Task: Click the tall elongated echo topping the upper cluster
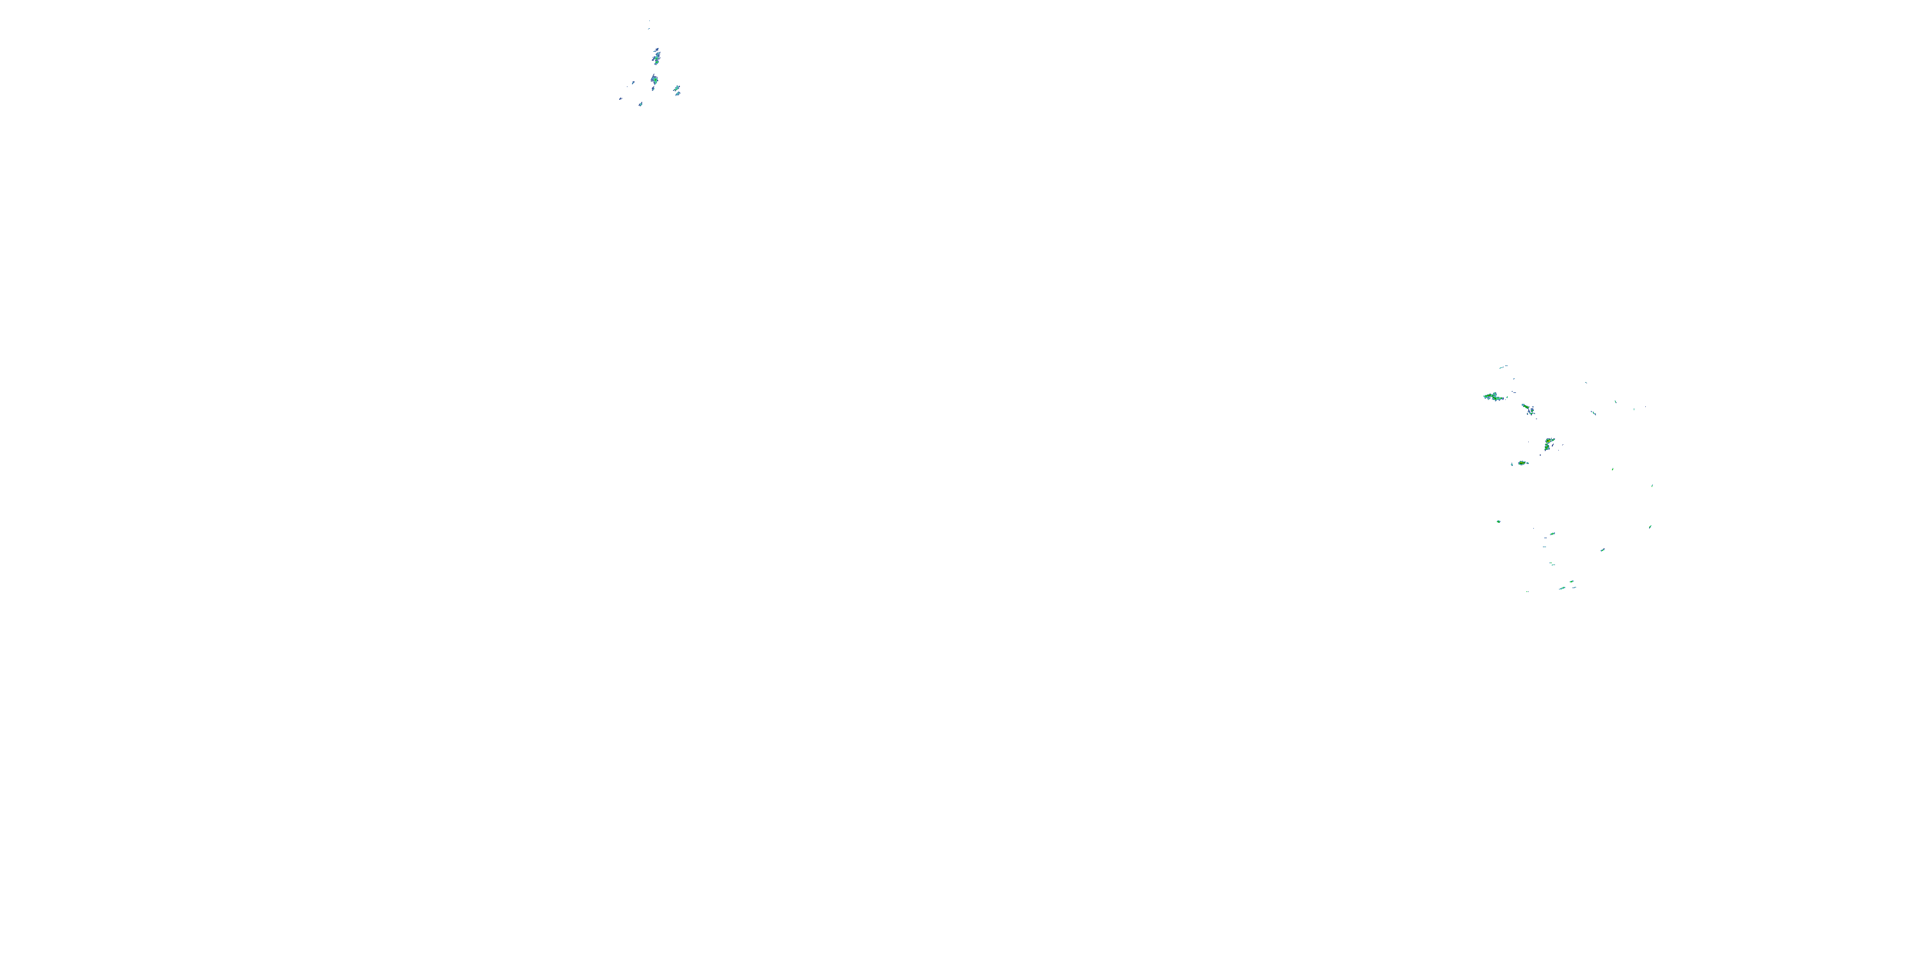[656, 56]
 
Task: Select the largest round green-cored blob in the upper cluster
[654, 79]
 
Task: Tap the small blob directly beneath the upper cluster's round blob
[653, 89]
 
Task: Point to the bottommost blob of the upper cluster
[640, 104]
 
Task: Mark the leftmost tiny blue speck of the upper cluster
[620, 99]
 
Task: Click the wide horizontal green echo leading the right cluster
[1493, 397]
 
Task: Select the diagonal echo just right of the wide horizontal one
[1529, 409]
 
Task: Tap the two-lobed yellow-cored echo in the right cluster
[1549, 444]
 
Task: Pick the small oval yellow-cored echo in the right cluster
[1522, 463]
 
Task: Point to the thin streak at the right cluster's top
[1503, 367]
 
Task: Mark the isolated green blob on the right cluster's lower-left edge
[1498, 521]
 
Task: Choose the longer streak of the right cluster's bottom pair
[1561, 588]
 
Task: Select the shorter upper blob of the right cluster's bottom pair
[1572, 581]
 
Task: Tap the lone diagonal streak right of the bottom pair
[1602, 550]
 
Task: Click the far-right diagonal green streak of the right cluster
[1650, 526]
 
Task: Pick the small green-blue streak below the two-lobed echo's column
[1552, 534]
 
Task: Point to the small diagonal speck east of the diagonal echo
[1593, 412]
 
